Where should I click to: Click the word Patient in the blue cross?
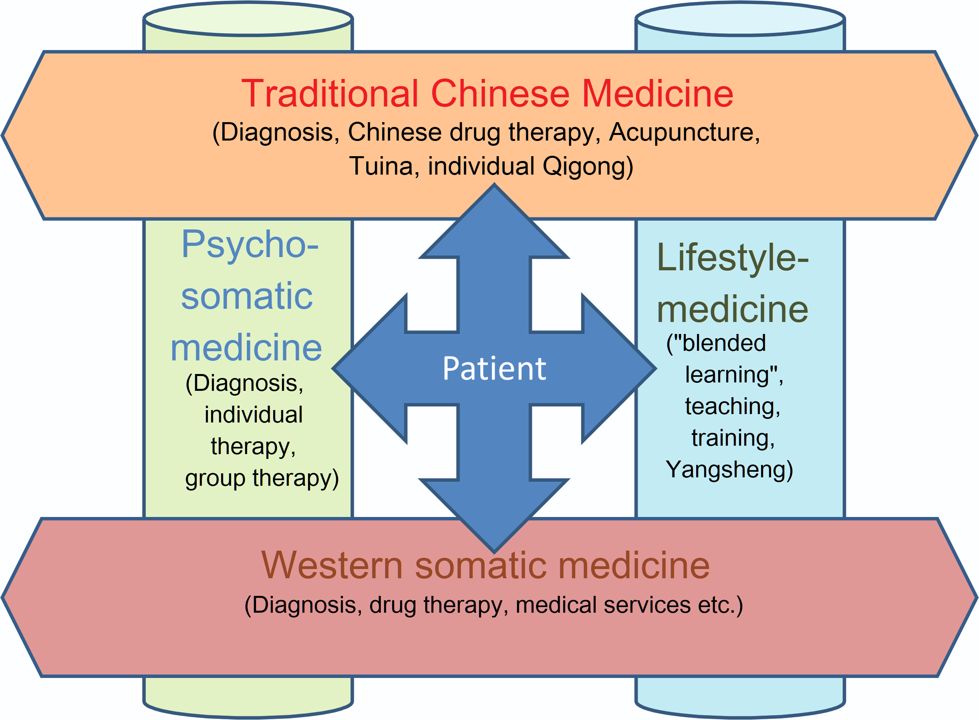point(494,369)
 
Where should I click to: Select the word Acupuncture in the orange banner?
point(684,132)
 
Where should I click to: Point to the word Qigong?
point(588,167)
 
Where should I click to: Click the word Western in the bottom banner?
point(332,565)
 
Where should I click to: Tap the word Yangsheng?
point(729,470)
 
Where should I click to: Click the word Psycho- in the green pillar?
point(250,245)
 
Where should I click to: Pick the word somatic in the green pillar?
point(247,296)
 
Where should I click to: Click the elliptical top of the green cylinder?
point(248,19)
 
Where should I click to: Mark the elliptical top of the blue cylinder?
point(740,19)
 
